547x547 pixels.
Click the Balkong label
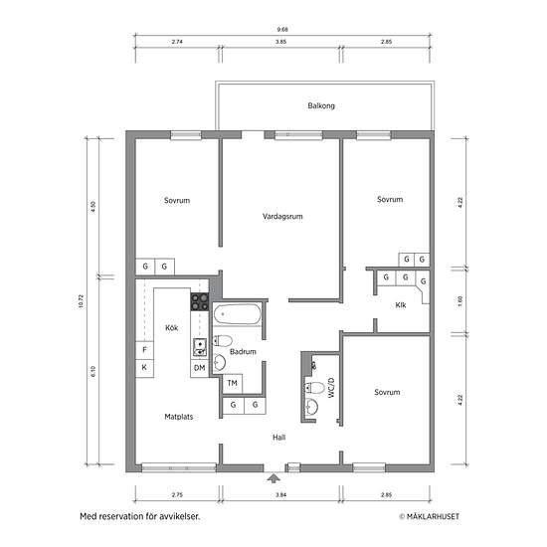point(321,105)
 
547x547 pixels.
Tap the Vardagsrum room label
point(282,216)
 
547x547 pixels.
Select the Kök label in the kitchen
point(172,327)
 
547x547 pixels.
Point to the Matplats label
point(179,417)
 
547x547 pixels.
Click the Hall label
point(279,438)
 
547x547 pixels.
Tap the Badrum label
point(243,352)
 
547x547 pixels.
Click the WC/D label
point(331,388)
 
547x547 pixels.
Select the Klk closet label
point(401,305)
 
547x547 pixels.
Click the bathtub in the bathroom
point(238,314)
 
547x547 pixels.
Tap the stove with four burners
point(200,301)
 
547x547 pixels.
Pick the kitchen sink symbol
point(200,348)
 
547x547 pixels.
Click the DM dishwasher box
point(200,368)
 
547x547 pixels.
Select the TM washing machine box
point(233,383)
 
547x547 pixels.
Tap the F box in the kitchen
point(144,350)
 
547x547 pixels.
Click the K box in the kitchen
point(144,368)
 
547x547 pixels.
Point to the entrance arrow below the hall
point(273,477)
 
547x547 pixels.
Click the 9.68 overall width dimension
point(282,30)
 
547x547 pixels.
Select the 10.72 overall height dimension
point(82,301)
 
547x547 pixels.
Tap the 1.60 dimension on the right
point(459,301)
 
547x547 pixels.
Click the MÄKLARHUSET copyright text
point(429,516)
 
